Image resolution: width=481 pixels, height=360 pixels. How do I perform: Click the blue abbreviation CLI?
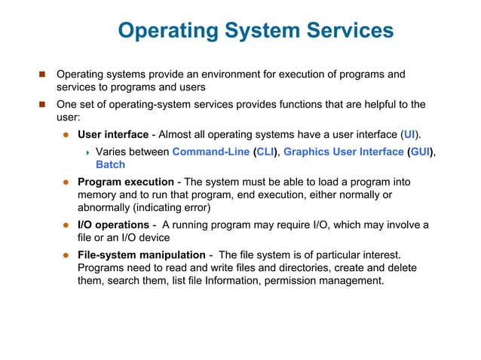point(265,151)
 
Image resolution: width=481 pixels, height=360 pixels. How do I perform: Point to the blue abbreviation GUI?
point(421,151)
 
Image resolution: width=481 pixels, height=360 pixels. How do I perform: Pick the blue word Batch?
point(110,164)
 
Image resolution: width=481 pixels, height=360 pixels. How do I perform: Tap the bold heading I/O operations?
point(113,225)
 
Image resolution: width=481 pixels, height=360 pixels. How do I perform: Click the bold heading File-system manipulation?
point(141,255)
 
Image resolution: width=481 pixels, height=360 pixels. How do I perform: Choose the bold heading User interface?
point(113,135)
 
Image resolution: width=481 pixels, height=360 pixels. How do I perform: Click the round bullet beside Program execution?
point(66,182)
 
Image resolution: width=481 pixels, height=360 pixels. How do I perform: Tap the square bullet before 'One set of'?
point(42,105)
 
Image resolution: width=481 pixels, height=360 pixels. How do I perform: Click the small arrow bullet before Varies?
point(87,152)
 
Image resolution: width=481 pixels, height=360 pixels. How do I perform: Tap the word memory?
point(99,194)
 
